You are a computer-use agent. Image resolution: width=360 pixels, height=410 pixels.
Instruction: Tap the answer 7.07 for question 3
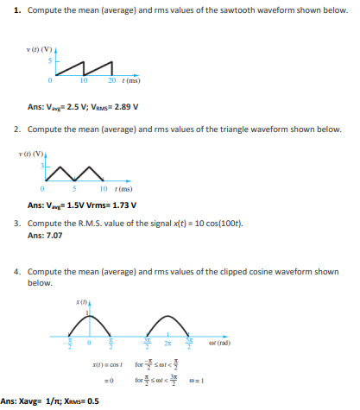click(x=54, y=235)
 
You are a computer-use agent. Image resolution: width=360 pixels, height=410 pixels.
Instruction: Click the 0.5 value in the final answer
click(x=91, y=401)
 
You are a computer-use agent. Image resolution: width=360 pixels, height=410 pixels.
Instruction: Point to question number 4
click(x=18, y=271)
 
